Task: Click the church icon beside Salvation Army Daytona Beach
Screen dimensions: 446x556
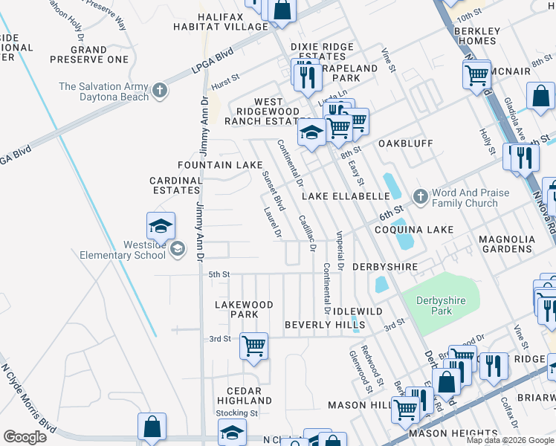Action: point(159,91)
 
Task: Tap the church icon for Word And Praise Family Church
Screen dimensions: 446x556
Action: point(420,197)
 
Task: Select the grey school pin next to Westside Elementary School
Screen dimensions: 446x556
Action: point(177,248)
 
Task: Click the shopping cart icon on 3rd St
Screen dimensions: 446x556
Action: point(254,346)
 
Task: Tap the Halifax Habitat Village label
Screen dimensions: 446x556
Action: point(232,22)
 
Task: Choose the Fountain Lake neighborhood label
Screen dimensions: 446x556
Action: point(219,164)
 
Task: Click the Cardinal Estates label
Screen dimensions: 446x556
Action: point(176,185)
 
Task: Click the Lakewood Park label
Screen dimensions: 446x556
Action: point(244,309)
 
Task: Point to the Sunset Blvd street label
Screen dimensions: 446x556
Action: point(274,190)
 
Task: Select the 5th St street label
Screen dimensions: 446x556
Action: point(219,274)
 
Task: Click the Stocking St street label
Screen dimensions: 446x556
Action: point(236,413)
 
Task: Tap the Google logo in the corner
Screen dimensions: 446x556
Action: point(25,436)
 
